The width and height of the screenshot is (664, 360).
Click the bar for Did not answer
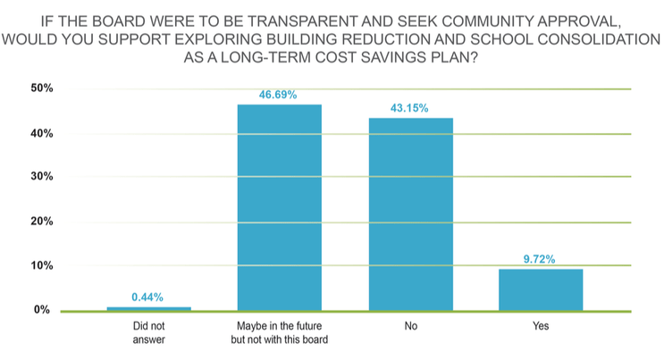148,308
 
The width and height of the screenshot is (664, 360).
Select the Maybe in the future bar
279,207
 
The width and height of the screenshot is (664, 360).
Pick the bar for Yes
540,289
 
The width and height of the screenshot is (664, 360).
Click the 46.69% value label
279,94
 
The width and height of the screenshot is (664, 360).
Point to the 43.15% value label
409,108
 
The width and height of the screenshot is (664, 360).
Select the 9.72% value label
540,259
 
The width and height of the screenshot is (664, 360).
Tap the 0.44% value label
148,297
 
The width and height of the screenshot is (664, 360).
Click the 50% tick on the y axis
41,89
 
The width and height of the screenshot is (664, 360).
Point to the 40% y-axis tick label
41,134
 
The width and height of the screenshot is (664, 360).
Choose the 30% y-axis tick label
41,178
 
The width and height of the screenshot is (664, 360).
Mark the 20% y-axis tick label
41,222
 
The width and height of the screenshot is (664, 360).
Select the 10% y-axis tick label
41,266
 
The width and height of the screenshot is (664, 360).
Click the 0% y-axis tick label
44,310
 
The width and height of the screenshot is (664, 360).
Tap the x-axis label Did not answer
148,332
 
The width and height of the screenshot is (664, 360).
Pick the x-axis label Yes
540,327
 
